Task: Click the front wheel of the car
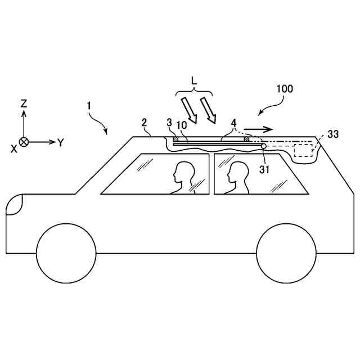coord(66,253)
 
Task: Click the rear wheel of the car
coord(286,253)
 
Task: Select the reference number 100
coord(284,89)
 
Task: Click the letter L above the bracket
coord(194,80)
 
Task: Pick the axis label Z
coord(24,103)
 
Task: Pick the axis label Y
coord(60,142)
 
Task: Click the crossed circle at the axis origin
coord(24,142)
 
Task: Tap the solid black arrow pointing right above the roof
coord(259,129)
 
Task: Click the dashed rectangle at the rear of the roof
coord(303,150)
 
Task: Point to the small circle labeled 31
coord(264,146)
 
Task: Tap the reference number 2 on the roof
coord(145,123)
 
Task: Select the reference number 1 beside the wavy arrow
coord(88,105)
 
